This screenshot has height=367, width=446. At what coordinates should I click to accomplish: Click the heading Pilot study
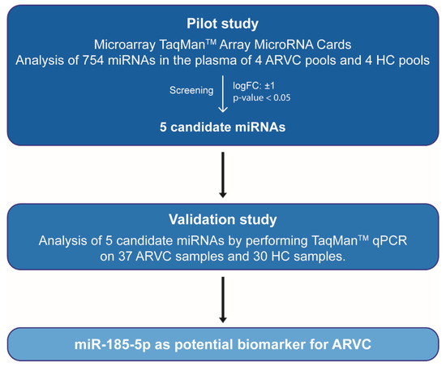click(x=222, y=24)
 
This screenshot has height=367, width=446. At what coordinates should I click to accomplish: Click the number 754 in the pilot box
click(x=92, y=60)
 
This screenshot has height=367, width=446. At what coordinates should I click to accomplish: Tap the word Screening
click(x=191, y=90)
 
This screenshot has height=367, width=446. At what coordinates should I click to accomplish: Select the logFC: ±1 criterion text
click(x=254, y=85)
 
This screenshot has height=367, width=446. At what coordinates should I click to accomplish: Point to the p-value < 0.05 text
click(x=262, y=97)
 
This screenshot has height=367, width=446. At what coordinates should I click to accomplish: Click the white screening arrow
click(x=223, y=93)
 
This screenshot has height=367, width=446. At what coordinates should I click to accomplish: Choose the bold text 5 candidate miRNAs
click(x=222, y=127)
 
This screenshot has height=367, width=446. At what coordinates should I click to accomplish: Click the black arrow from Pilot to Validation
click(x=223, y=175)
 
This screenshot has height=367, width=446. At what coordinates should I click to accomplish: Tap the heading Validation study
click(x=223, y=219)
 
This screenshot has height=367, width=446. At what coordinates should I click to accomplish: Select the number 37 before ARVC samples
click(x=125, y=257)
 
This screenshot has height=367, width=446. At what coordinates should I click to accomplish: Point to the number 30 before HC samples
click(x=260, y=257)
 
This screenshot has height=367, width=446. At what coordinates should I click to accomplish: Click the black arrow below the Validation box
click(x=223, y=300)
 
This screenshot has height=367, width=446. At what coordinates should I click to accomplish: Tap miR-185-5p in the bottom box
click(x=113, y=344)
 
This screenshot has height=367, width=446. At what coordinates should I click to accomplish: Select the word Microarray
click(x=125, y=45)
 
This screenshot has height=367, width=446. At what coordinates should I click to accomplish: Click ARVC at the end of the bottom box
click(x=352, y=344)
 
